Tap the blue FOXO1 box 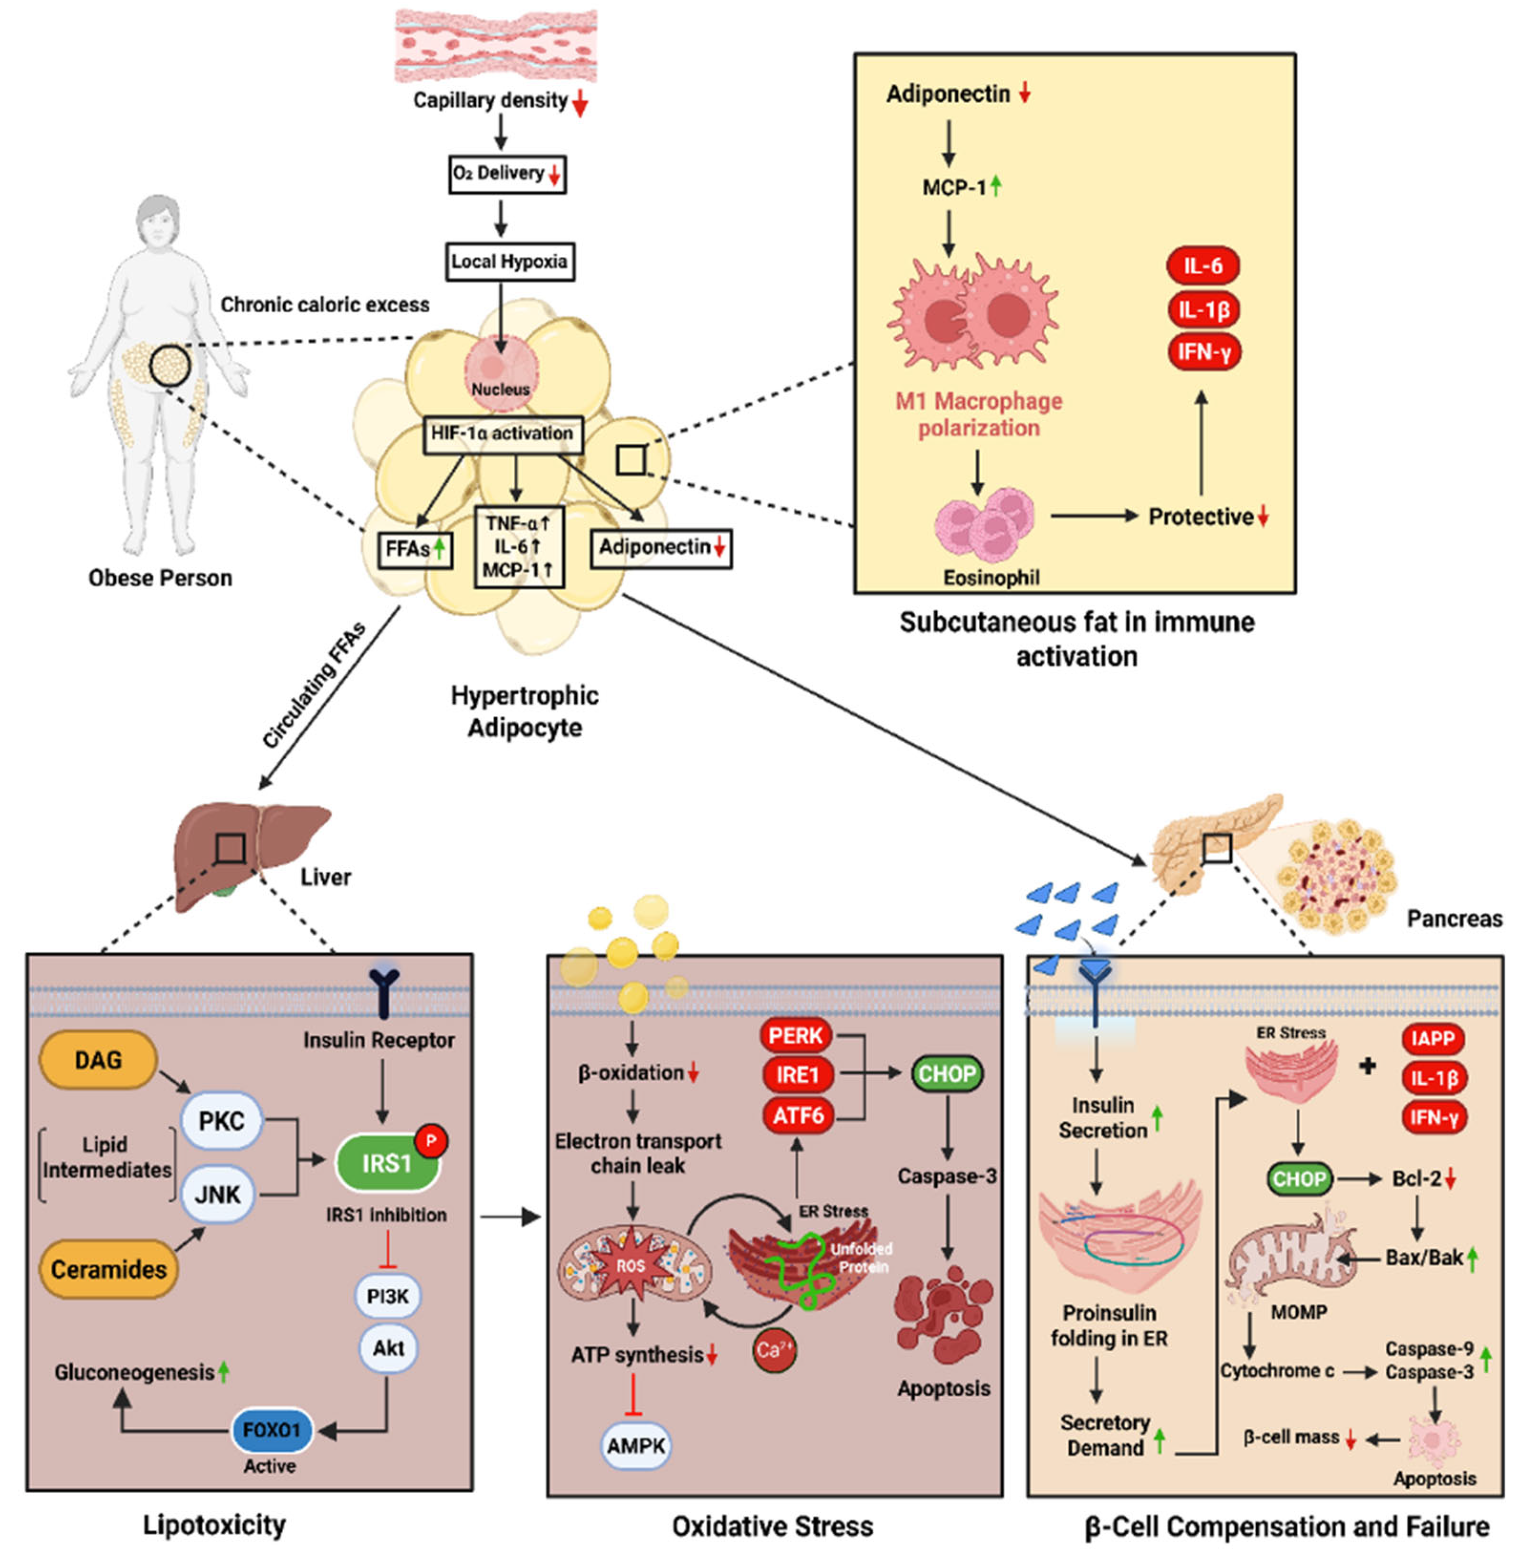pos(272,1430)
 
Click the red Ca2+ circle pos(775,1349)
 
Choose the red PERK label pos(796,1035)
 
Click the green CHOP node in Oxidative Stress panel pos(947,1073)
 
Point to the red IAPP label pos(1433,1038)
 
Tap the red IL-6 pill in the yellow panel pos(1203,265)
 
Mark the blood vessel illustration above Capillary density pos(496,46)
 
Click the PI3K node pos(388,1296)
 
